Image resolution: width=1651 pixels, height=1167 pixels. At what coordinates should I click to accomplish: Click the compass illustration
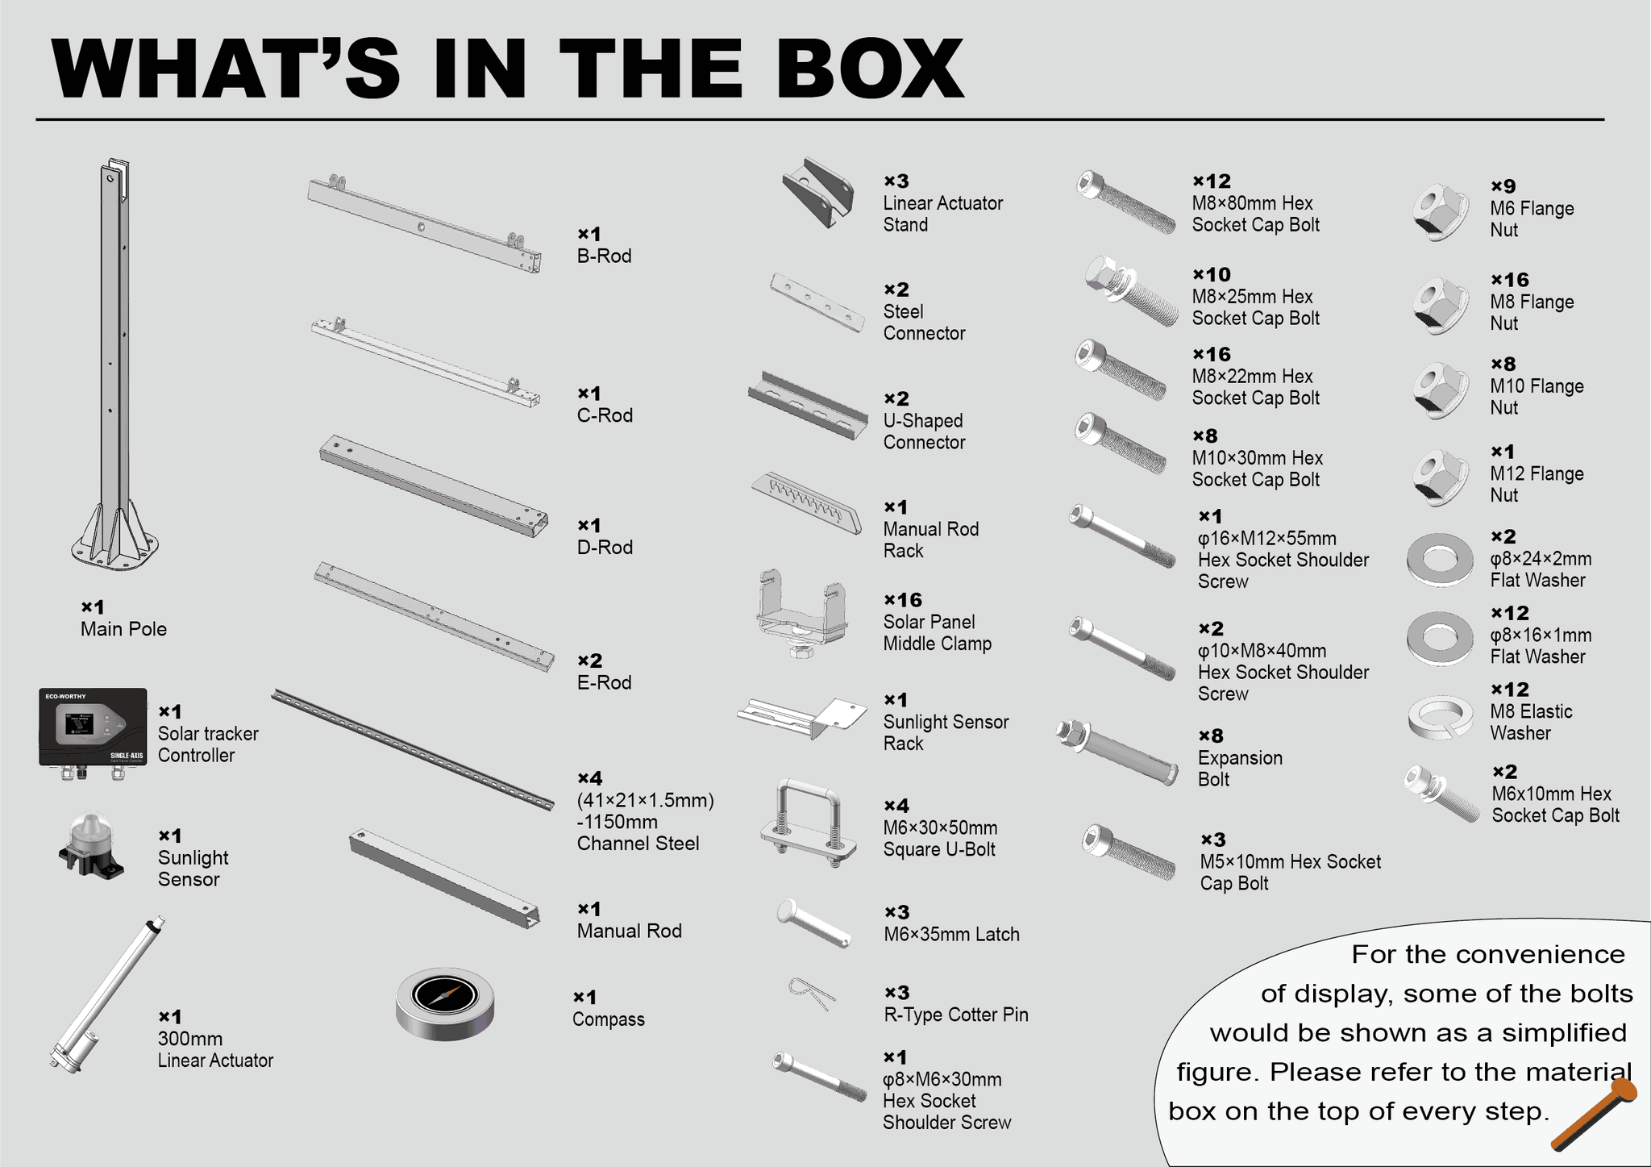pos(445,1004)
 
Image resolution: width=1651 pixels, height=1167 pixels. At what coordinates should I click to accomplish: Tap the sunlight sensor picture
pos(90,847)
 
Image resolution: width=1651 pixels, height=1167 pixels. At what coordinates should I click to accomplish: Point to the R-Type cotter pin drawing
pos(811,992)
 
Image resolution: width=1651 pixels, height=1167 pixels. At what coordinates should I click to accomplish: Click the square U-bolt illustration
pos(808,824)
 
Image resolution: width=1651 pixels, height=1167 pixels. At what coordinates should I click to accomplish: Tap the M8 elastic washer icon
pos(1440,715)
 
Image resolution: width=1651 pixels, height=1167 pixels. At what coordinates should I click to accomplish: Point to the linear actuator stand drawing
pos(818,193)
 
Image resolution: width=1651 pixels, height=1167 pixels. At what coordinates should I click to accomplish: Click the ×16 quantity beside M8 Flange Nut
pos(1509,280)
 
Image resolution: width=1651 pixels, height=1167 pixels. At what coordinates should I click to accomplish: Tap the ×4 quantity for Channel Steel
pos(590,778)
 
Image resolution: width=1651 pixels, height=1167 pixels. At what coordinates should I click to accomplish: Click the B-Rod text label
pos(604,256)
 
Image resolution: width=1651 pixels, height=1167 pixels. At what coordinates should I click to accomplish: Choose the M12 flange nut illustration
pos(1440,477)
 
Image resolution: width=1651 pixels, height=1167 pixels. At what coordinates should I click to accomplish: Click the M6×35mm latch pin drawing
pos(813,924)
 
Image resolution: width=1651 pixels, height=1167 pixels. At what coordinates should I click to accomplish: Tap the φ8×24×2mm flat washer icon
pos(1440,559)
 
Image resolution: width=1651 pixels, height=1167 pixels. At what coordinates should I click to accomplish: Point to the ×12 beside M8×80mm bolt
pos(1212,181)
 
